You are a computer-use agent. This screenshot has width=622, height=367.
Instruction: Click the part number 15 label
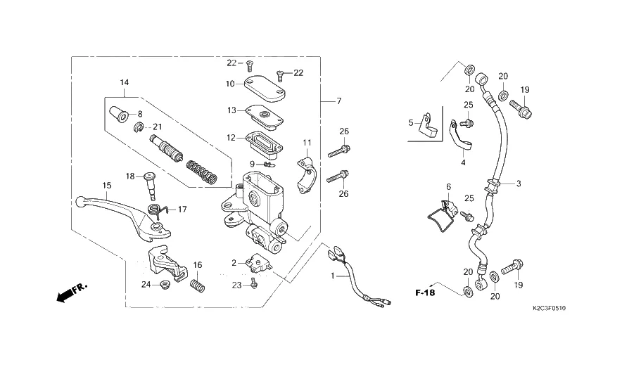coord(107,186)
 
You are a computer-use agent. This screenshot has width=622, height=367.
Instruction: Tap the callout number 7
coord(338,101)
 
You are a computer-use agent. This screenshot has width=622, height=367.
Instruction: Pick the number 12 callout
coord(231,138)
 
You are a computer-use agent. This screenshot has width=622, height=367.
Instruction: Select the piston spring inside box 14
coord(203,169)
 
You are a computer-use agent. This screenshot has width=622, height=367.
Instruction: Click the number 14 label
coord(124,83)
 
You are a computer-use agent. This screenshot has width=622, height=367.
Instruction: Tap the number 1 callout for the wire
coord(334,276)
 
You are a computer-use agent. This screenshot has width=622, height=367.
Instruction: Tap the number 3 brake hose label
coord(519,184)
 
